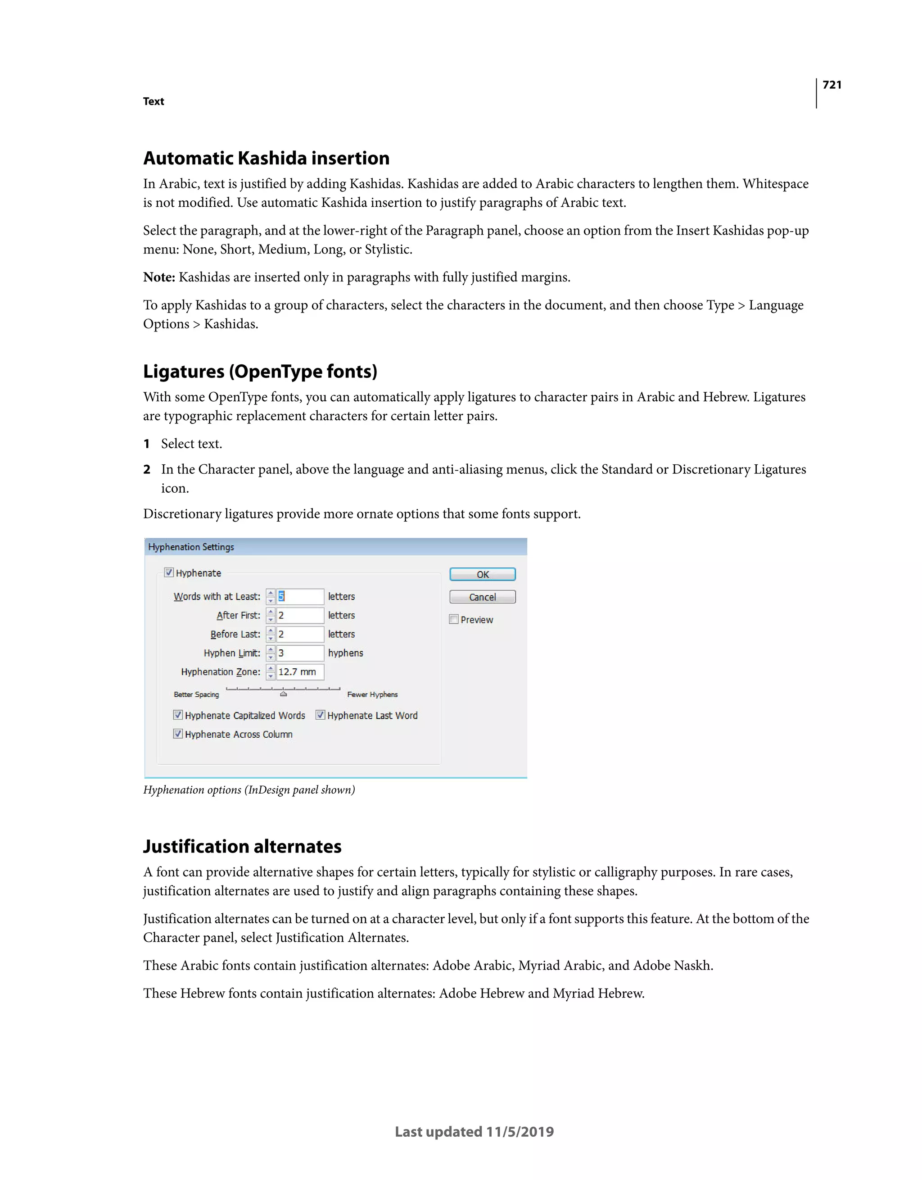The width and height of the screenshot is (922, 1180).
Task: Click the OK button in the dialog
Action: [482, 574]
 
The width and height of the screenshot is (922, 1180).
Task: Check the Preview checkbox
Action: [454, 620]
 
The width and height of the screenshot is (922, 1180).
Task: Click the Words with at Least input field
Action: [300, 596]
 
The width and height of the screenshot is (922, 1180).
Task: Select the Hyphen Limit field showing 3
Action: [300, 653]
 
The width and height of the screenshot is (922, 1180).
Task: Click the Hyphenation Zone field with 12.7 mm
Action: [300, 672]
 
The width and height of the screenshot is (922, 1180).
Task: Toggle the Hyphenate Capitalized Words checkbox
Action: [178, 715]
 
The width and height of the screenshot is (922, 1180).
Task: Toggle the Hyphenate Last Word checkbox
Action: [320, 715]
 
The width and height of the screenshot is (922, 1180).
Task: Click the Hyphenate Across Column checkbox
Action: [178, 734]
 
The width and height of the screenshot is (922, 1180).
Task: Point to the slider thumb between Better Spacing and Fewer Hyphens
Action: [284, 694]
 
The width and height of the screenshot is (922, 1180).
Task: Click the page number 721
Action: [832, 85]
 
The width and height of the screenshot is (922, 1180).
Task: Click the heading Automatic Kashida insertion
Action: [266, 158]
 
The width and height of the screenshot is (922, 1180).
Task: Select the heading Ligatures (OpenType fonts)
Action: [260, 372]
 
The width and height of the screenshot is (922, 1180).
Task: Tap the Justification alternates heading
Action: [242, 847]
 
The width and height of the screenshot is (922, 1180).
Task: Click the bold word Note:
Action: [159, 277]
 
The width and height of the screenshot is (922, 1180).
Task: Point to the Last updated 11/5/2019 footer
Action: [474, 1132]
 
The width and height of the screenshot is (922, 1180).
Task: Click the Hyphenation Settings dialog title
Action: [191, 547]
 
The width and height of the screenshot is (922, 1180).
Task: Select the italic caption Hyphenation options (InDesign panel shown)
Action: [249, 790]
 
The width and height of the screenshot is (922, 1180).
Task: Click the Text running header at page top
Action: [154, 102]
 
